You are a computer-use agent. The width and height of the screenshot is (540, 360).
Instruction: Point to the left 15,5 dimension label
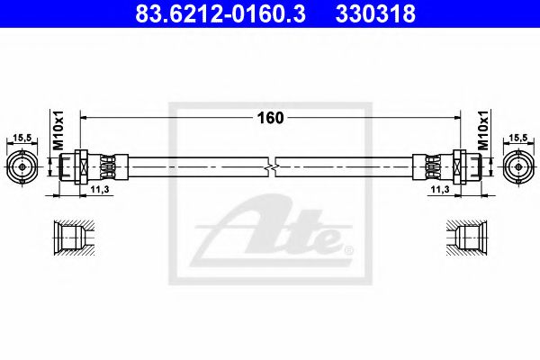[x=22, y=137]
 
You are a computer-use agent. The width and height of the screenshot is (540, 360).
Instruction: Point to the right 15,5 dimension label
[x=517, y=137]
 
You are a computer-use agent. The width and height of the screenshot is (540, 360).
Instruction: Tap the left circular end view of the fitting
[x=22, y=167]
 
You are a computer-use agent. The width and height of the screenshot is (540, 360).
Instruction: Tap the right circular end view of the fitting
[x=517, y=167]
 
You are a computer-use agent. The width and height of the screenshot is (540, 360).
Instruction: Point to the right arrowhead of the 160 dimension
[x=455, y=118]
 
